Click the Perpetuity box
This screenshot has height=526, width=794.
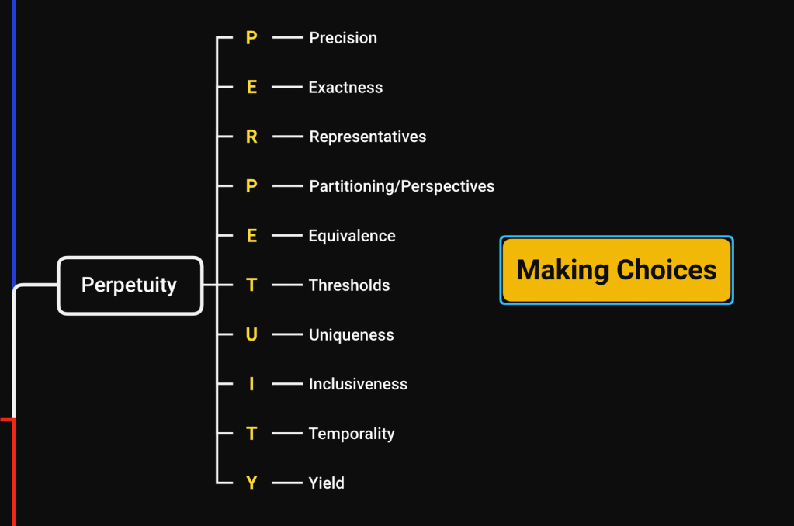[x=130, y=285]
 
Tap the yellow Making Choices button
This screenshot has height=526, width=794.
[x=616, y=270]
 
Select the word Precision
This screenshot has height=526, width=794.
[x=343, y=38]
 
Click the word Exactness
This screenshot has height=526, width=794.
[x=345, y=88]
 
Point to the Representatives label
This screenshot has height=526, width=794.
[x=368, y=137]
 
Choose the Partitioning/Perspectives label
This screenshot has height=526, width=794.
[x=401, y=186]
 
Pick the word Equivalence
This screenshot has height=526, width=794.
[x=352, y=236]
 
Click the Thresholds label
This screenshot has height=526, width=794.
[x=349, y=285]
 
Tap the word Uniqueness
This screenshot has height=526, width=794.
[x=352, y=335]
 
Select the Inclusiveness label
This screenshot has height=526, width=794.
[x=358, y=384]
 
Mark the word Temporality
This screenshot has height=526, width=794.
[x=352, y=434]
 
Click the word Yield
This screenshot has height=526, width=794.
[x=327, y=483]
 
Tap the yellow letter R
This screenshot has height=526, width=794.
[x=251, y=137]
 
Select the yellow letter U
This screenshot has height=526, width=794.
[x=251, y=334]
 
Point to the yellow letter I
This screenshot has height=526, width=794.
[x=251, y=384]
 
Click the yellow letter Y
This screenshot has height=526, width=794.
[x=251, y=483]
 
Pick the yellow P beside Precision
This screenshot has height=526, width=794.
[x=251, y=38]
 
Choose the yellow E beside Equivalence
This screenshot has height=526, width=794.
[x=251, y=236]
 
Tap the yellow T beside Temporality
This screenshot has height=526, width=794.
[x=251, y=434]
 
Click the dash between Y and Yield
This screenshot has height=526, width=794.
[x=287, y=483]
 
